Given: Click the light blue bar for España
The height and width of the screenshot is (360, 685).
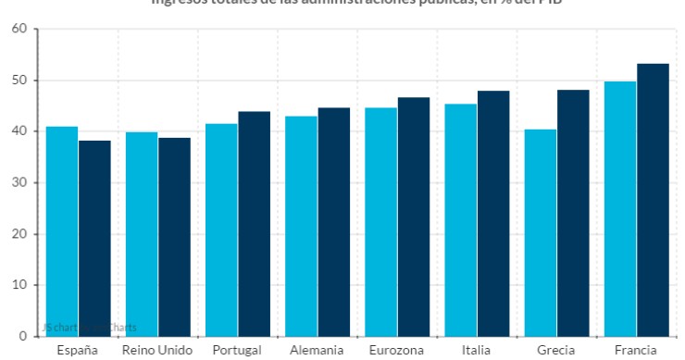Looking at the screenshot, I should pyautogui.click(x=62, y=231).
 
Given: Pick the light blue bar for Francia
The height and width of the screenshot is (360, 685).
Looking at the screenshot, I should pyautogui.click(x=620, y=208).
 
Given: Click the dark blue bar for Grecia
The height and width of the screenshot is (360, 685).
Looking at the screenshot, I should pyautogui.click(x=573, y=213).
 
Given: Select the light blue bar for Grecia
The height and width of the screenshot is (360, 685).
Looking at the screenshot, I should pyautogui.click(x=541, y=232).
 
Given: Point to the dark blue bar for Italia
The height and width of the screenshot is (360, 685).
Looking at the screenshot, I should pyautogui.click(x=493, y=213).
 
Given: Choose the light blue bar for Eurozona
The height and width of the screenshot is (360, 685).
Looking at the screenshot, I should pyautogui.click(x=381, y=222).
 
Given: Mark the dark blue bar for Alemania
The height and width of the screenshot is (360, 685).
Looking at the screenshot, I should pyautogui.click(x=334, y=222).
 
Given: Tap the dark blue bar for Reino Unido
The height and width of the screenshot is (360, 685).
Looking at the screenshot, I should pyautogui.click(x=174, y=237).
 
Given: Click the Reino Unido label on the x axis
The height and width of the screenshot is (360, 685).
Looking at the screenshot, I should pyautogui.click(x=158, y=351).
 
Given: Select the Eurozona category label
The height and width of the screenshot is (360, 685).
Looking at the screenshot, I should pyautogui.click(x=397, y=351).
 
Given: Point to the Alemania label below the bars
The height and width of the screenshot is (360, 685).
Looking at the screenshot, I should pyautogui.click(x=318, y=351).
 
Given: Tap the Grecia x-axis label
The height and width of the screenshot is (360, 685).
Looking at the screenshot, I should pyautogui.click(x=556, y=351).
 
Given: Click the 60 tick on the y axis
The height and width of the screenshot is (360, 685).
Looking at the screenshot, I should pyautogui.click(x=19, y=30).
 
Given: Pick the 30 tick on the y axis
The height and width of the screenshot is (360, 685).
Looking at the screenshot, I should pyautogui.click(x=19, y=183).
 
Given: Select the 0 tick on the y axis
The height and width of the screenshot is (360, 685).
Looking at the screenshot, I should pyautogui.click(x=23, y=336).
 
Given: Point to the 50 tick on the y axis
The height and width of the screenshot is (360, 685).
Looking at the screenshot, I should pyautogui.click(x=19, y=81).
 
